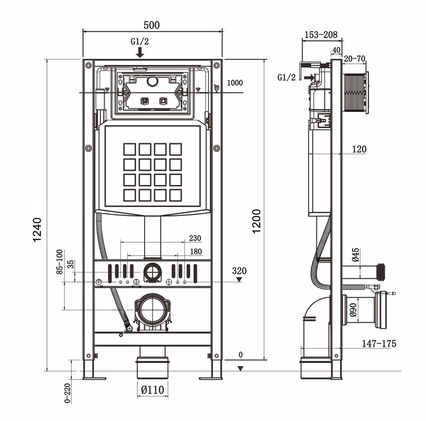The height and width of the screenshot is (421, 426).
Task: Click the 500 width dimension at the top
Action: pyautogui.click(x=152, y=25)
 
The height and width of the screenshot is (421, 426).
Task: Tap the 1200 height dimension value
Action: pyautogui.click(x=256, y=221)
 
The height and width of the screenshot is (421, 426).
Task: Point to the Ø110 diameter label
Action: pyautogui.click(x=152, y=390)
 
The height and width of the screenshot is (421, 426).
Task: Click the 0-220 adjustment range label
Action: pyautogui.click(x=67, y=391)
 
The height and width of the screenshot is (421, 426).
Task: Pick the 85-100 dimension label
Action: pyautogui.click(x=59, y=262)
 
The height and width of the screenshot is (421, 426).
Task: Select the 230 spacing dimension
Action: pyautogui.click(x=195, y=238)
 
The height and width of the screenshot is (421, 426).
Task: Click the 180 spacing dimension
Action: pyautogui.click(x=196, y=252)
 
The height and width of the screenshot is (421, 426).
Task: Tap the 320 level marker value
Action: pyautogui.click(x=239, y=271)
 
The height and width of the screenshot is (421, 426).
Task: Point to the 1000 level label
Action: pyautogui.click(x=235, y=83)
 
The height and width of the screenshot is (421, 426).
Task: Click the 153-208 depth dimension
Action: pyautogui.click(x=321, y=35)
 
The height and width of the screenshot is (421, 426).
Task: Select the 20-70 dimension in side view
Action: pyautogui.click(x=355, y=59)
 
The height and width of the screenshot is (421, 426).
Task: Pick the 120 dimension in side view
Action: pyautogui.click(x=360, y=149)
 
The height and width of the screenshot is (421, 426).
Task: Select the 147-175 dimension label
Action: pyautogui.click(x=379, y=343)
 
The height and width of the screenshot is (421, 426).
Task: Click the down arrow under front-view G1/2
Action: pyautogui.click(x=141, y=52)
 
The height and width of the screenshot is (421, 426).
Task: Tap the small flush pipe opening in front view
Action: pyautogui.click(x=152, y=272)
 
